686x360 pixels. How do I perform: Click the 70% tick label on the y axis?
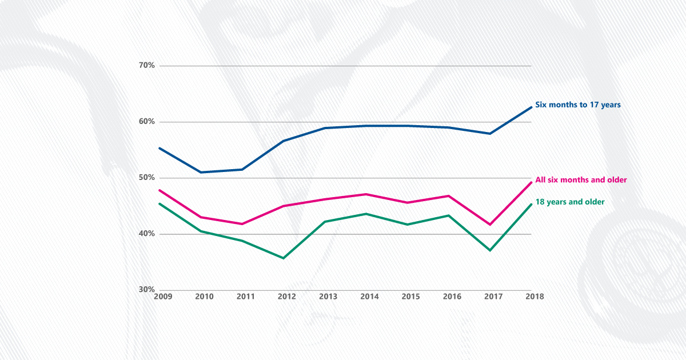147,66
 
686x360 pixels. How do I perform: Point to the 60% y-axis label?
147,122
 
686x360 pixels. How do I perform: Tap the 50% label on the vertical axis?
147,178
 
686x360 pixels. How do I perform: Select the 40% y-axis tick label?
147,234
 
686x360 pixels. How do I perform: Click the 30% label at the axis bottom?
147,290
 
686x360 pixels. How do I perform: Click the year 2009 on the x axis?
163,297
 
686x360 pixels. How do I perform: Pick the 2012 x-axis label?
286,297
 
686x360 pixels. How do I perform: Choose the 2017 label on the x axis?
493,297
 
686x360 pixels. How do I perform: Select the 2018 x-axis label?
534,297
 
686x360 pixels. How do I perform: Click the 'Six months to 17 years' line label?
577,105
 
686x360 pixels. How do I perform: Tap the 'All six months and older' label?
581,180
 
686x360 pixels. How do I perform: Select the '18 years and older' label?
569,202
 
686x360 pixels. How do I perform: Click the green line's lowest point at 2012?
284,258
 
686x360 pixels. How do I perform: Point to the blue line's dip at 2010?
201,172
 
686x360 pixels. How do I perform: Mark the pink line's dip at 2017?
490,225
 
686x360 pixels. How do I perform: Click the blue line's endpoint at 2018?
532,107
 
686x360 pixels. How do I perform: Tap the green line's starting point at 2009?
159,203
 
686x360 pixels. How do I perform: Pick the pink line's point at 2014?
366,194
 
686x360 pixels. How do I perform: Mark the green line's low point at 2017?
490,250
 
